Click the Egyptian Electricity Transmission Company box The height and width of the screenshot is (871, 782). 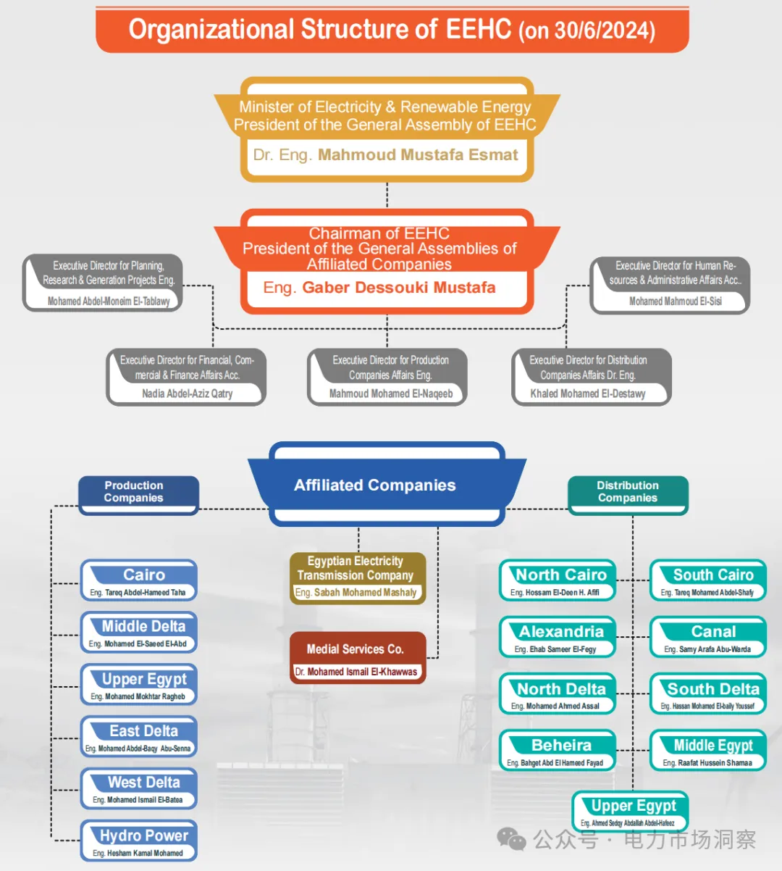click(x=358, y=578)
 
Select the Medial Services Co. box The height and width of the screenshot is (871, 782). click(x=358, y=658)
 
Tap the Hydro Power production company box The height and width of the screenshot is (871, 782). click(x=139, y=841)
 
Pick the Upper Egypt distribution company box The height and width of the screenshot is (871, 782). click(x=631, y=812)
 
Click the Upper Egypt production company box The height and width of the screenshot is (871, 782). click(x=139, y=685)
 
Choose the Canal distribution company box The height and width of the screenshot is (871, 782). click(x=708, y=637)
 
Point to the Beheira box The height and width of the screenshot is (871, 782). click(x=558, y=750)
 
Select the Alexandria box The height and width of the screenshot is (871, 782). click(x=558, y=637)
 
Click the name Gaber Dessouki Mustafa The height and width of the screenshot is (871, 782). click(x=399, y=287)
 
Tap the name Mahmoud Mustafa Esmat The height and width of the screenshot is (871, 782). click(x=418, y=155)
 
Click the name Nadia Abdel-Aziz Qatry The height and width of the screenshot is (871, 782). click(x=188, y=393)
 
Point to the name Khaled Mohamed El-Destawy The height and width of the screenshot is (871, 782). click(x=588, y=393)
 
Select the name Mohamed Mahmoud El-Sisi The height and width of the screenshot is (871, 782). click(x=676, y=301)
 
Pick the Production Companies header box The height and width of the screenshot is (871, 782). click(x=139, y=495)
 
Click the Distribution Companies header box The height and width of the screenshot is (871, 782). click(x=628, y=495)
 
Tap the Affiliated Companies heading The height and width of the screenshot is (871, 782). click(x=374, y=485)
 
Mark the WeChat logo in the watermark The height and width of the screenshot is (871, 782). click(x=511, y=838)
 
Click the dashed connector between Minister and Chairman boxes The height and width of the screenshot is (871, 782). click(x=387, y=195)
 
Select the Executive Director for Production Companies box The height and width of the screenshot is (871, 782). click(x=387, y=377)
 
